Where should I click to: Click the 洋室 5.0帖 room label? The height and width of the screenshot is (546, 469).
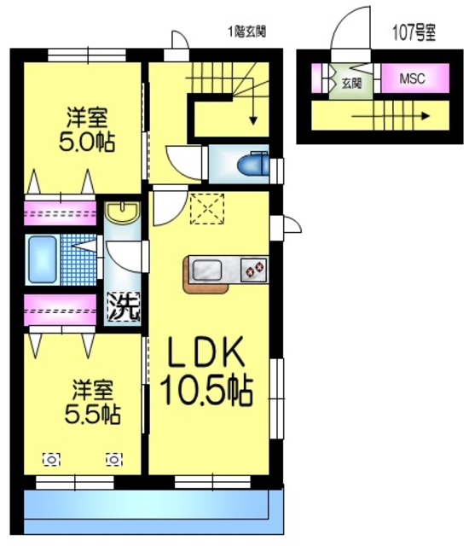(87, 130)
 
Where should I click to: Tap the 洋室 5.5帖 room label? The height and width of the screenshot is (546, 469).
(93, 402)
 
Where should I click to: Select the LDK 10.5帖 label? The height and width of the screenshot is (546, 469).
(206, 372)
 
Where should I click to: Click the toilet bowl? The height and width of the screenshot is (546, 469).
(253, 165)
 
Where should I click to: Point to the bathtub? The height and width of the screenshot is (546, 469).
(43, 259)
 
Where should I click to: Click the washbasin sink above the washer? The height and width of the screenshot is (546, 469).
(122, 212)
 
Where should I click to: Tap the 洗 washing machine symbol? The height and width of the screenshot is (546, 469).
(124, 306)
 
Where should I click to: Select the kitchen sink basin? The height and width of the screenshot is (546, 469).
(207, 270)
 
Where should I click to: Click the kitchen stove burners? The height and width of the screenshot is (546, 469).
(254, 270)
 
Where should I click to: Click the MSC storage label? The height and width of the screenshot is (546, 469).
(412, 78)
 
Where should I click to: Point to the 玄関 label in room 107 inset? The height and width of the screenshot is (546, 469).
(351, 83)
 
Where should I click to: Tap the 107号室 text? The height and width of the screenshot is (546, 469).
(414, 32)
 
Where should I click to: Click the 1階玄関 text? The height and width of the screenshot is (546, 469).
(247, 32)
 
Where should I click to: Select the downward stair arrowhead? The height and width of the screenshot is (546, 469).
(253, 120)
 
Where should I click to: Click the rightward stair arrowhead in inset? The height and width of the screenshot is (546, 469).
(426, 116)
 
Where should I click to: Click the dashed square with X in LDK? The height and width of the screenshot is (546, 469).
(207, 208)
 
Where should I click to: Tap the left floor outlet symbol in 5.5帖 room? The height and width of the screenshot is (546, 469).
(51, 460)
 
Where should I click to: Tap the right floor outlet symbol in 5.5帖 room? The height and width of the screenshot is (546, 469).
(114, 460)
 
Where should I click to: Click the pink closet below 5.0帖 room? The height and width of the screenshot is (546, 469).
(60, 213)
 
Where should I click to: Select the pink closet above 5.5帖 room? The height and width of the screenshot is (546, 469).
(60, 311)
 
